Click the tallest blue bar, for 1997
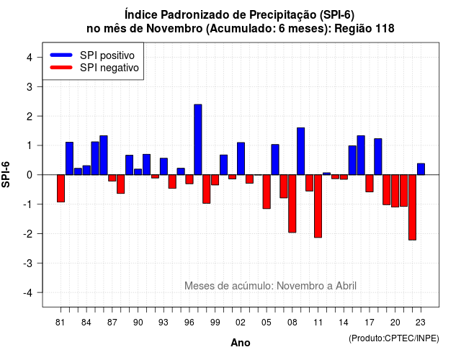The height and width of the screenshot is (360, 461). click(198, 140)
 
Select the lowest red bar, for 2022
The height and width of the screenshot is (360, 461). click(412, 207)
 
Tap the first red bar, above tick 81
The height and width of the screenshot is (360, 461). click(61, 189)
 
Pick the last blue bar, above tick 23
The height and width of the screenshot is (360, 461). click(421, 169)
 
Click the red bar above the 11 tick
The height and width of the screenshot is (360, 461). click(318, 206)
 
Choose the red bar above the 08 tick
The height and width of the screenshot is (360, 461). click(292, 204)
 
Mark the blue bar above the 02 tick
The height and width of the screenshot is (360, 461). click(241, 158)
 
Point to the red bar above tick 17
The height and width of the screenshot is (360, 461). click(370, 184)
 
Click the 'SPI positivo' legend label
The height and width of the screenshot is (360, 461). click(107, 55)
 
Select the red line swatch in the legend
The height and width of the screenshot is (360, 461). click(61, 68)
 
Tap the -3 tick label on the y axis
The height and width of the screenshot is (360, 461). click(28, 263)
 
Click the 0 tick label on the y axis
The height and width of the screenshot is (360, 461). click(30, 175)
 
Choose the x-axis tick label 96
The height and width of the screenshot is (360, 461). click(189, 323)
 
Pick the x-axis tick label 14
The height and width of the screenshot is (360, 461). click(344, 323)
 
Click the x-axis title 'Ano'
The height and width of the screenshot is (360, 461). click(241, 343)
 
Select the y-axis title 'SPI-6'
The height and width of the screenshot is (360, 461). click(6, 174)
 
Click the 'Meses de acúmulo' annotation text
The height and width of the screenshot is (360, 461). click(229, 286)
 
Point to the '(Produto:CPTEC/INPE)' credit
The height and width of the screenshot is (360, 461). click(394, 338)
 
